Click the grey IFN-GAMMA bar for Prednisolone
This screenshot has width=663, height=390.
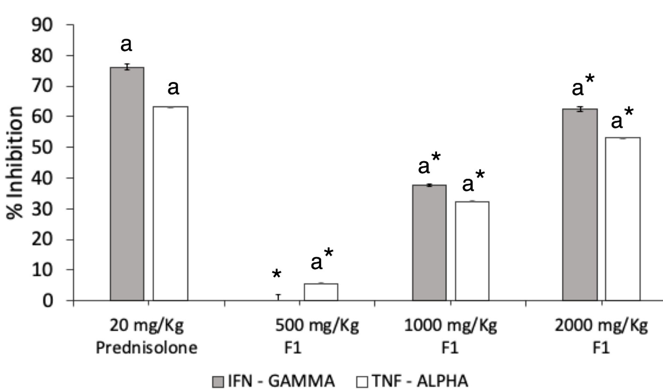point(127,184)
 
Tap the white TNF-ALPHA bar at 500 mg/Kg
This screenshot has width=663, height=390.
point(321,292)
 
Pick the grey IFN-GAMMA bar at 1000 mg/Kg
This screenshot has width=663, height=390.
point(429,242)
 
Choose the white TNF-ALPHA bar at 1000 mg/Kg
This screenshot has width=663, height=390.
point(472,251)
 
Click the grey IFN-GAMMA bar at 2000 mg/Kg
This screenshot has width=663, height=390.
point(580,204)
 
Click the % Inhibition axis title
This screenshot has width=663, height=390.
point(15,163)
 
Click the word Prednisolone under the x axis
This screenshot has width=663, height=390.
point(146,347)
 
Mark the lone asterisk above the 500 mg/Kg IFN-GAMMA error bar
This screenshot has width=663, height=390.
point(277,274)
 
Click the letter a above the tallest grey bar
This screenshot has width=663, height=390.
point(126,44)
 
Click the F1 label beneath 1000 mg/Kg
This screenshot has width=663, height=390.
point(450,347)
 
